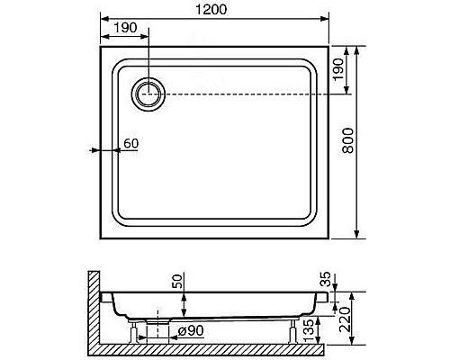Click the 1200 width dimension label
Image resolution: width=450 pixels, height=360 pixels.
(x=211, y=9)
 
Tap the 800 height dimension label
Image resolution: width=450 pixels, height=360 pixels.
(x=348, y=140)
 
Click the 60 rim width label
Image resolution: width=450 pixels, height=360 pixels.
(x=131, y=143)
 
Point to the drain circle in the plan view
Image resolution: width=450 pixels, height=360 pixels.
(x=148, y=94)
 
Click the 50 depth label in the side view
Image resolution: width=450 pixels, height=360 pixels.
(x=179, y=281)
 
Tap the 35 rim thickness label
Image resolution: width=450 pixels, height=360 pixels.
(x=325, y=279)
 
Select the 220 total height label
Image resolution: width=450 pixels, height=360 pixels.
(x=345, y=319)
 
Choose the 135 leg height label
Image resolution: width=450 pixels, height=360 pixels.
(x=309, y=330)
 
